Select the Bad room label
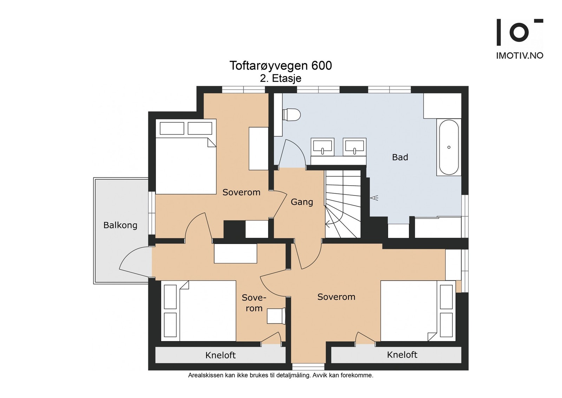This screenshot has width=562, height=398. pyautogui.click(x=400, y=157)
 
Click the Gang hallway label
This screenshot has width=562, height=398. pyautogui.click(x=302, y=202)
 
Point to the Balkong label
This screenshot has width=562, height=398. pyautogui.click(x=120, y=225)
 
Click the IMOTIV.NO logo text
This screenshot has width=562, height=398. pyautogui.click(x=519, y=56)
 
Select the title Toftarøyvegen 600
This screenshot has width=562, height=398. pyautogui.click(x=281, y=65)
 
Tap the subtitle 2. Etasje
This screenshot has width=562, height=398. pyautogui.click(x=281, y=78)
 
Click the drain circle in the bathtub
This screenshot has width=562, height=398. pyautogui.click(x=449, y=147)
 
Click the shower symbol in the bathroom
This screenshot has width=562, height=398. pyautogui.click(x=374, y=198)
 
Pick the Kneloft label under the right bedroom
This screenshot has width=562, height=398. pyautogui.click(x=402, y=354)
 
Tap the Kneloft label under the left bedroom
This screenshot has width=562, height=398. pyautogui.click(x=221, y=355)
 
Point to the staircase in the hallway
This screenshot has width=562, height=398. pyautogui.click(x=343, y=204)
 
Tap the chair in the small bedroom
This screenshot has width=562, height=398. pyautogui.click(x=276, y=316)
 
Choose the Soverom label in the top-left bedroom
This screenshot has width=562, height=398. pyautogui.click(x=241, y=192)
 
